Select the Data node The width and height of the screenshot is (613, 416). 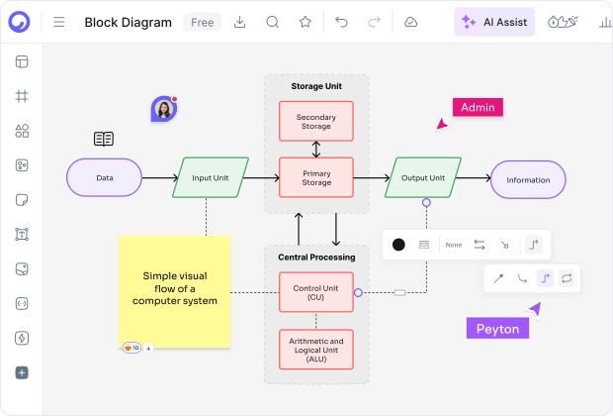[104, 178]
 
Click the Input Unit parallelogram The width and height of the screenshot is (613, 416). [210, 178]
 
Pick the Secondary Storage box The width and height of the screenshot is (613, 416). [316, 121]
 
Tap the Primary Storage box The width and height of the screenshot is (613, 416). [316, 177]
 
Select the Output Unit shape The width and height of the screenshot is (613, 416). [423, 178]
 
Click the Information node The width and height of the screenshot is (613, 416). [528, 179]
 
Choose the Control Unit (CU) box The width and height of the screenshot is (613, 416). [316, 292]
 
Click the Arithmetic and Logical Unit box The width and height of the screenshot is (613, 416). [316, 349]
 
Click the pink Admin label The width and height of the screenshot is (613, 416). [478, 107]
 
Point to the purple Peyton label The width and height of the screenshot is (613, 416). [497, 329]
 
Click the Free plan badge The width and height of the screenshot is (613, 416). [202, 22]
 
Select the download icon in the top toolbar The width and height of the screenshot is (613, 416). [239, 22]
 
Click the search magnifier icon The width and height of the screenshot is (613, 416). [273, 22]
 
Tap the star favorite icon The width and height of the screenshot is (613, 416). [306, 22]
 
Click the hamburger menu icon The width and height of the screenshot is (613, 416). [59, 22]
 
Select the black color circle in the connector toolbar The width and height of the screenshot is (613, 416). [398, 245]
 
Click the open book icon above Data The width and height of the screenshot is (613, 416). [104, 139]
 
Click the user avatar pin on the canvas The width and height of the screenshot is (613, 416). [163, 109]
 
